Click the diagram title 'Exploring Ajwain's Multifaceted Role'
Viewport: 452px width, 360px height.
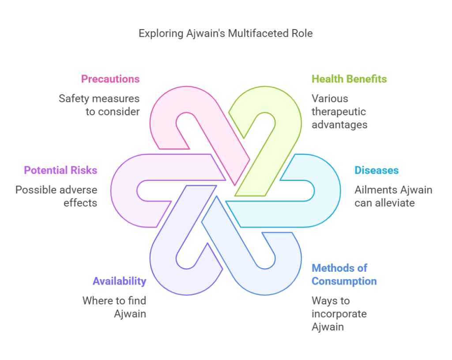pyautogui.click(x=226, y=34)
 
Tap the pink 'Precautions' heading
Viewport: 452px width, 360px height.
pyautogui.click(x=110, y=79)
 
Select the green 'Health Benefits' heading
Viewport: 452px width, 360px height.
pyautogui.click(x=350, y=79)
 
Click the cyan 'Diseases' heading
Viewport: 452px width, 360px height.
pyautogui.click(x=377, y=170)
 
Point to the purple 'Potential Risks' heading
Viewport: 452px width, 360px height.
pyautogui.click(x=60, y=170)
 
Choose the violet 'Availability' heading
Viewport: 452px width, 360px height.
pyautogui.click(x=119, y=281)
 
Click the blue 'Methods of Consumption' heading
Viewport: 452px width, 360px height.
pyautogui.click(x=344, y=274)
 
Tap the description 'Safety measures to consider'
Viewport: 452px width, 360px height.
pyautogui.click(x=99, y=105)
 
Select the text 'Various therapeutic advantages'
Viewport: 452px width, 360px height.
pyautogui.click(x=339, y=112)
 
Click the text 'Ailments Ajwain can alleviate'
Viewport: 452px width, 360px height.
pyautogui.click(x=393, y=196)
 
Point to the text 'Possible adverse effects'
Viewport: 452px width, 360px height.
pyautogui.click(x=56, y=196)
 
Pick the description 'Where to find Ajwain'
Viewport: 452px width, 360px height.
pyautogui.click(x=114, y=307)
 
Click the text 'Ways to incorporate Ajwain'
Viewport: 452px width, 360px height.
pyautogui.click(x=339, y=314)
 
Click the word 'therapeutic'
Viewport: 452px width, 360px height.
pyautogui.click(x=339, y=112)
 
